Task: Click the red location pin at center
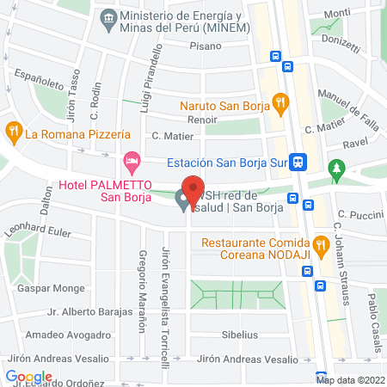[x=193, y=189]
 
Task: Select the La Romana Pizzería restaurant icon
[x=13, y=133]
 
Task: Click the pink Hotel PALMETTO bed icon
[x=131, y=160]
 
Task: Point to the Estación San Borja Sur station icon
[x=298, y=161]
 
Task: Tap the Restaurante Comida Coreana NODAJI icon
[x=320, y=244]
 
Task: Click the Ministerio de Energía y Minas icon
[x=108, y=17]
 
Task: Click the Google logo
[x=28, y=377]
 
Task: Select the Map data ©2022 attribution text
[x=349, y=379]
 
